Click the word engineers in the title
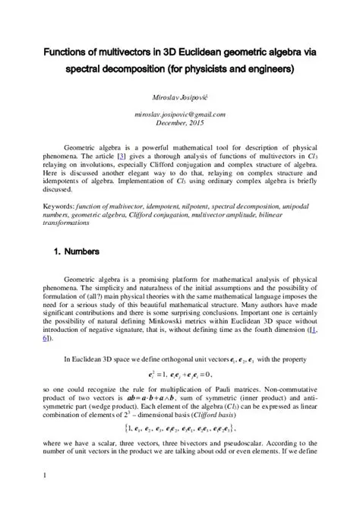tap(265, 69)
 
